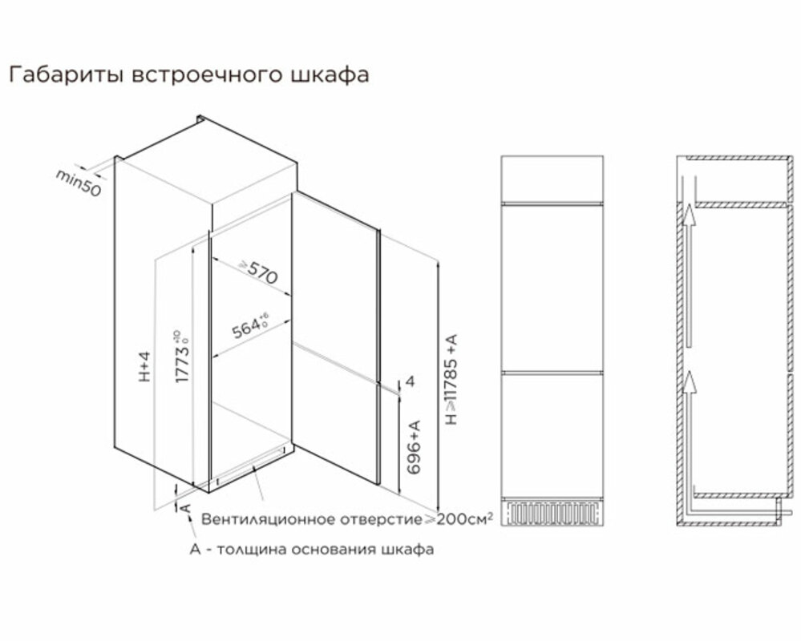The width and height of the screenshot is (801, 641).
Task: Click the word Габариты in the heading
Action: (67, 75)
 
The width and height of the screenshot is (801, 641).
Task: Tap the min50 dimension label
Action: (78, 183)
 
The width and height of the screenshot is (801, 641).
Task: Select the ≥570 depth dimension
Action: (259, 272)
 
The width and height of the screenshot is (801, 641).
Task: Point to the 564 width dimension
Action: (250, 326)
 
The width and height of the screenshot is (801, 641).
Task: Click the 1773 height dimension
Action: (182, 357)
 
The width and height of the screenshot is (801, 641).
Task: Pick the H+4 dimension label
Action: (145, 366)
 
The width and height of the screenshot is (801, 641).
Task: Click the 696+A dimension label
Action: (414, 447)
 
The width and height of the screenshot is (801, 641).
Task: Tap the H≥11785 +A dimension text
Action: (451, 379)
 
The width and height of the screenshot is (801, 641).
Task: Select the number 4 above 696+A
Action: (410, 381)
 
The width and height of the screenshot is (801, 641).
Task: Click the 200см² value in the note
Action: (465, 518)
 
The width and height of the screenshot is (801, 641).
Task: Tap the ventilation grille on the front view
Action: (552, 514)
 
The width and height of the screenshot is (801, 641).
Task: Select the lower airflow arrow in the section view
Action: (689, 381)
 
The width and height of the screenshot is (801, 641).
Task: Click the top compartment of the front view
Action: (552, 179)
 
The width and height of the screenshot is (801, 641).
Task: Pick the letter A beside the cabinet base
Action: (186, 508)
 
